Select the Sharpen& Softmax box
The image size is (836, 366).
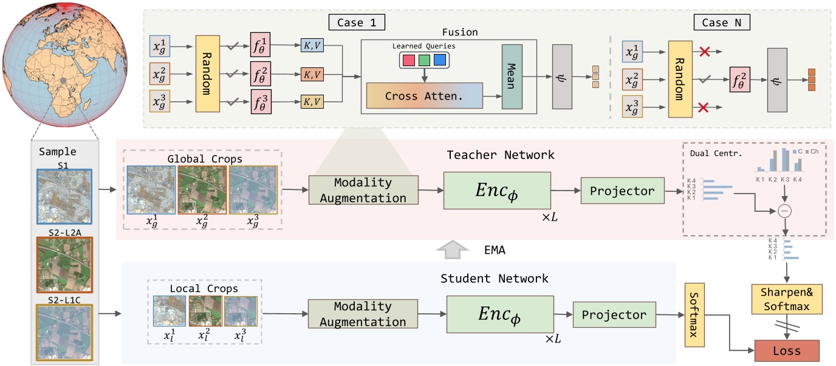coord(787,300)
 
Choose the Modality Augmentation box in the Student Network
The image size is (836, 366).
coord(363,315)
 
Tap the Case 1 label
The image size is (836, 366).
coord(356,24)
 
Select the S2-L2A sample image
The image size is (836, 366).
coord(64,265)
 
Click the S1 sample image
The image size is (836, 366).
coord(64,196)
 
